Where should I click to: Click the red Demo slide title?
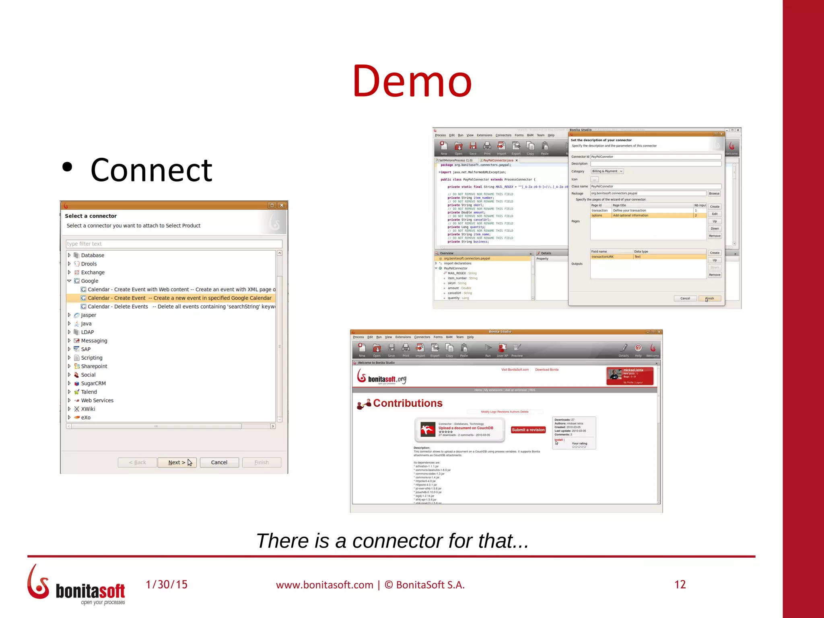coord(412,81)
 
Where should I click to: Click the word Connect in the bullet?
coord(151,170)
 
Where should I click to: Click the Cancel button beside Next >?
coord(219,462)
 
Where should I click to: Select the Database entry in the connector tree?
coord(93,255)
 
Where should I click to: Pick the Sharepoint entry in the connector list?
coord(94,366)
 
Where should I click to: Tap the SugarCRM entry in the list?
coord(93,383)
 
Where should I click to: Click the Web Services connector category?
coord(97,400)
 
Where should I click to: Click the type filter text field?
coord(174,244)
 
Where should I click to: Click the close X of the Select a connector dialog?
coord(282,205)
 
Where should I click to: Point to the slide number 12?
coord(680,584)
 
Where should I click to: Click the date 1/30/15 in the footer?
coord(167,584)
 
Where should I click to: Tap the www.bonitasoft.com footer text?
coord(324,585)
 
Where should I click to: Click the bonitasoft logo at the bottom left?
coord(76,585)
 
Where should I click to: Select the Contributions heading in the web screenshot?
coord(408,403)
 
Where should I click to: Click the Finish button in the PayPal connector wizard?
coord(710,299)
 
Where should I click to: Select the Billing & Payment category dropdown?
coord(607,171)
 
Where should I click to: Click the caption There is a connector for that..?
coord(392,541)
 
